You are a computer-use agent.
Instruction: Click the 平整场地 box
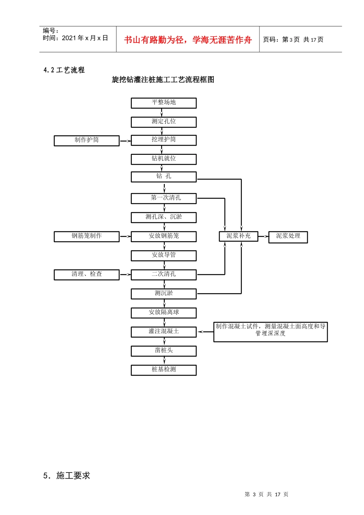(164, 103)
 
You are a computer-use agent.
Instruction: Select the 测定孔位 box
(164, 122)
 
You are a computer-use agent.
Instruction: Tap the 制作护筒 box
(87, 141)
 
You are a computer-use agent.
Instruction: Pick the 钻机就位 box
(164, 159)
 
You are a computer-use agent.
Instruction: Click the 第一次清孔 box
(164, 198)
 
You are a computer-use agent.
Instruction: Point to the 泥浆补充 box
(238, 236)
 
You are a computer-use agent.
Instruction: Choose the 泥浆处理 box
(288, 237)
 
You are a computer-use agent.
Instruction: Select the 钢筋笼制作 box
(87, 236)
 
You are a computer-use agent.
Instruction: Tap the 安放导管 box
(164, 255)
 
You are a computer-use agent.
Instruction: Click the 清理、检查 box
(87, 274)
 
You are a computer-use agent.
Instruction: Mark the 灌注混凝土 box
(164, 331)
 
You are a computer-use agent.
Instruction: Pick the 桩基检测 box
(164, 370)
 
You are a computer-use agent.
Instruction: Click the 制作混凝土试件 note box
(271, 331)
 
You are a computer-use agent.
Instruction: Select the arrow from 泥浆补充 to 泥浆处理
(263, 237)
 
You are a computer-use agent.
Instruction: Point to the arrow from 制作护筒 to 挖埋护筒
(125, 141)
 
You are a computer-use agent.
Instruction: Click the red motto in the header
(188, 40)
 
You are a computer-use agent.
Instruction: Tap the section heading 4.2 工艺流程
(64, 70)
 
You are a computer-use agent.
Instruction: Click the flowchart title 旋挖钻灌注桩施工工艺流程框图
(163, 80)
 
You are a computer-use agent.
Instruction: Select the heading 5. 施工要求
(67, 476)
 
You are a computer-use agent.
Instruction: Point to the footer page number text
(266, 494)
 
